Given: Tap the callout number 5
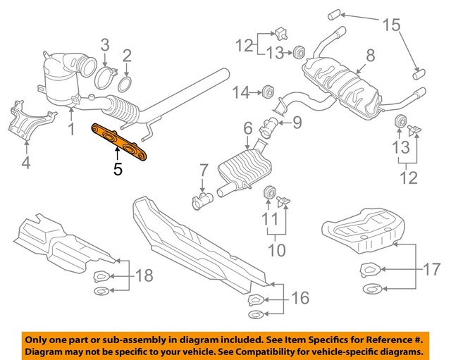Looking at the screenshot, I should click(x=118, y=169).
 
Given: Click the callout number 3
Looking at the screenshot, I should click(x=105, y=46).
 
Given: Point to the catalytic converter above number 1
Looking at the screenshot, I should click(x=63, y=81).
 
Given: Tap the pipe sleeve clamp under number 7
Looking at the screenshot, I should click(x=202, y=202).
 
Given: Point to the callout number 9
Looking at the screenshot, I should click(x=297, y=123).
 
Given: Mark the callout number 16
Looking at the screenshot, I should click(x=299, y=299).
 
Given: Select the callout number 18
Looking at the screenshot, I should click(x=144, y=275).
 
